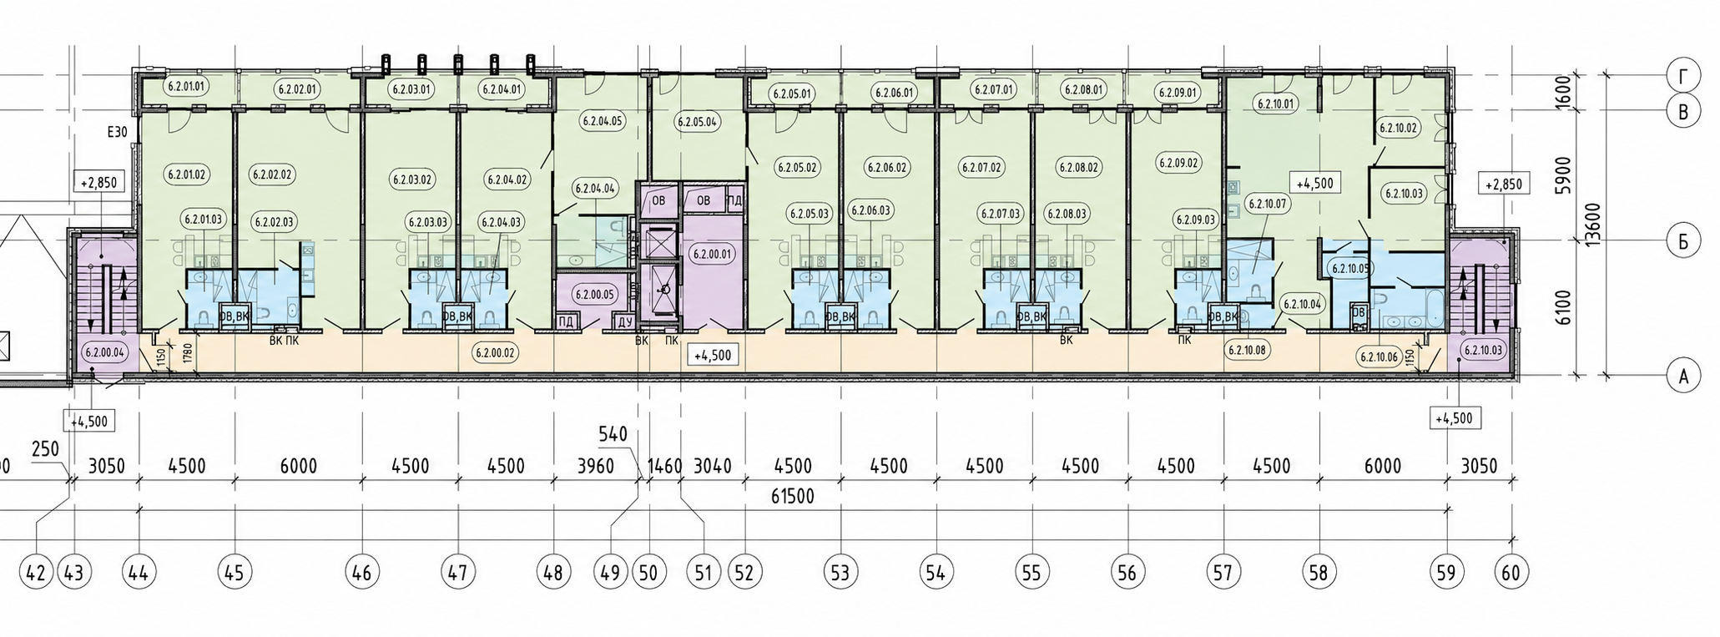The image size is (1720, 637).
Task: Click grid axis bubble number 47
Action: (456, 573)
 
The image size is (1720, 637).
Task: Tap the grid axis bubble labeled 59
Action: (1446, 573)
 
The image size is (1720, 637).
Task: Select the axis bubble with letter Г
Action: (1682, 75)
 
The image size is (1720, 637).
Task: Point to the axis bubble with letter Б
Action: (1682, 241)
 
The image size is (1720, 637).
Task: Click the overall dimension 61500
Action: (792, 497)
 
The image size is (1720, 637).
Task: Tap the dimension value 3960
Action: (595, 466)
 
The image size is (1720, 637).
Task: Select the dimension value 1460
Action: (665, 466)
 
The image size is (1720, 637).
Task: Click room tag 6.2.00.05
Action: (594, 294)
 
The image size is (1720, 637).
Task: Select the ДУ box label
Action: (623, 321)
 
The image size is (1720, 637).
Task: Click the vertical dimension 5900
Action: (1563, 176)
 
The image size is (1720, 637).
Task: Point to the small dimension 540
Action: (613, 434)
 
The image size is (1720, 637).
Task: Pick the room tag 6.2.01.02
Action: (186, 175)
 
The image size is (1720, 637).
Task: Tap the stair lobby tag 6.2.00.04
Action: (105, 351)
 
